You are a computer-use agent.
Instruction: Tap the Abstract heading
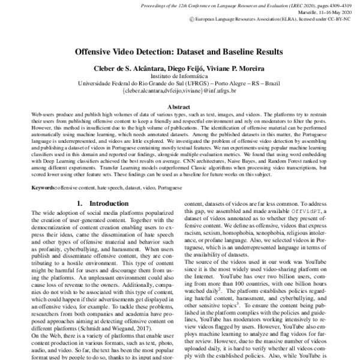pyautogui.click(x=180, y=106)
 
